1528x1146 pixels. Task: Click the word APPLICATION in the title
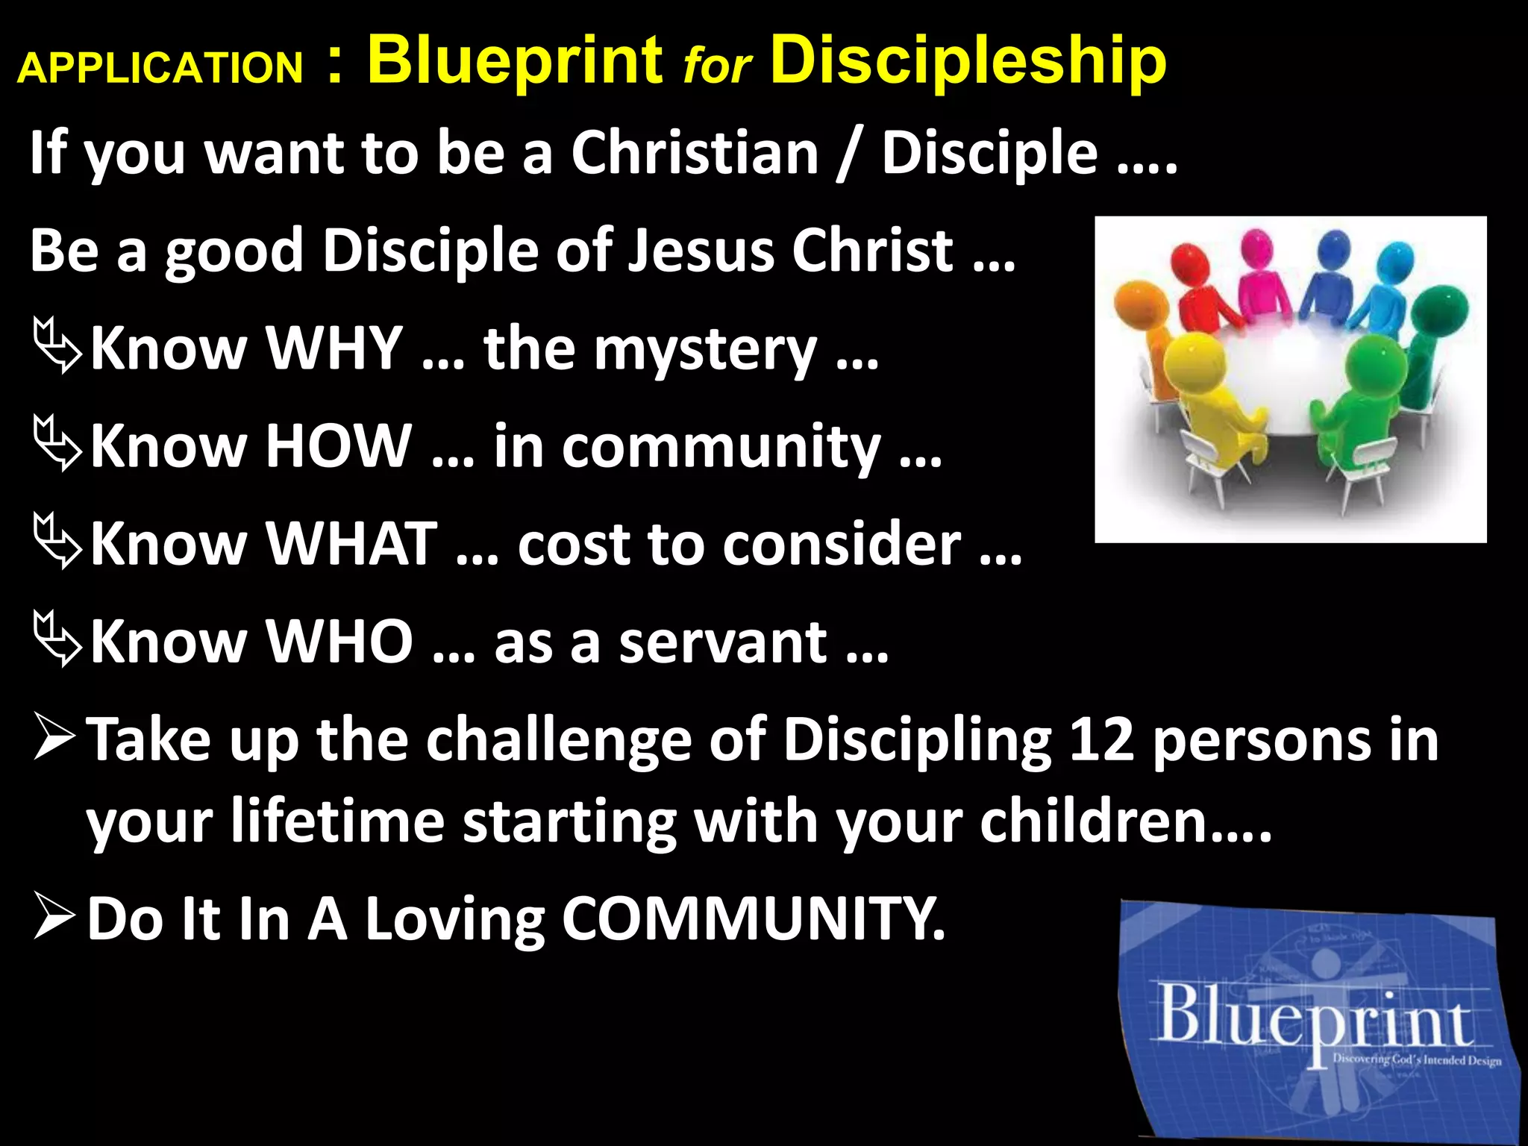(160, 68)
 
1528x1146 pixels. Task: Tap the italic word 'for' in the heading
(717, 66)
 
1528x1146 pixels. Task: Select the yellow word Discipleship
(968, 61)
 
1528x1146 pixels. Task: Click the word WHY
(335, 348)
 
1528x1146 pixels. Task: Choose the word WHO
(340, 641)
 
